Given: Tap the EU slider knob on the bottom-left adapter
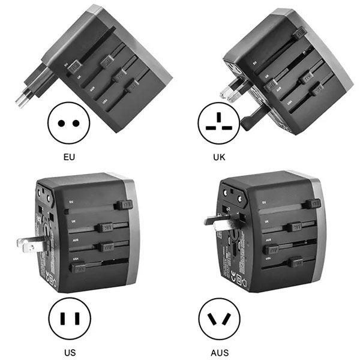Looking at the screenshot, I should (125, 205).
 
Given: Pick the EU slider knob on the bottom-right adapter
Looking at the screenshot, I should (311, 204).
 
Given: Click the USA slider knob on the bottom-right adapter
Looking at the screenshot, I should (295, 262).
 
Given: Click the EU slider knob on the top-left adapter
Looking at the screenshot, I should (75, 66).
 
